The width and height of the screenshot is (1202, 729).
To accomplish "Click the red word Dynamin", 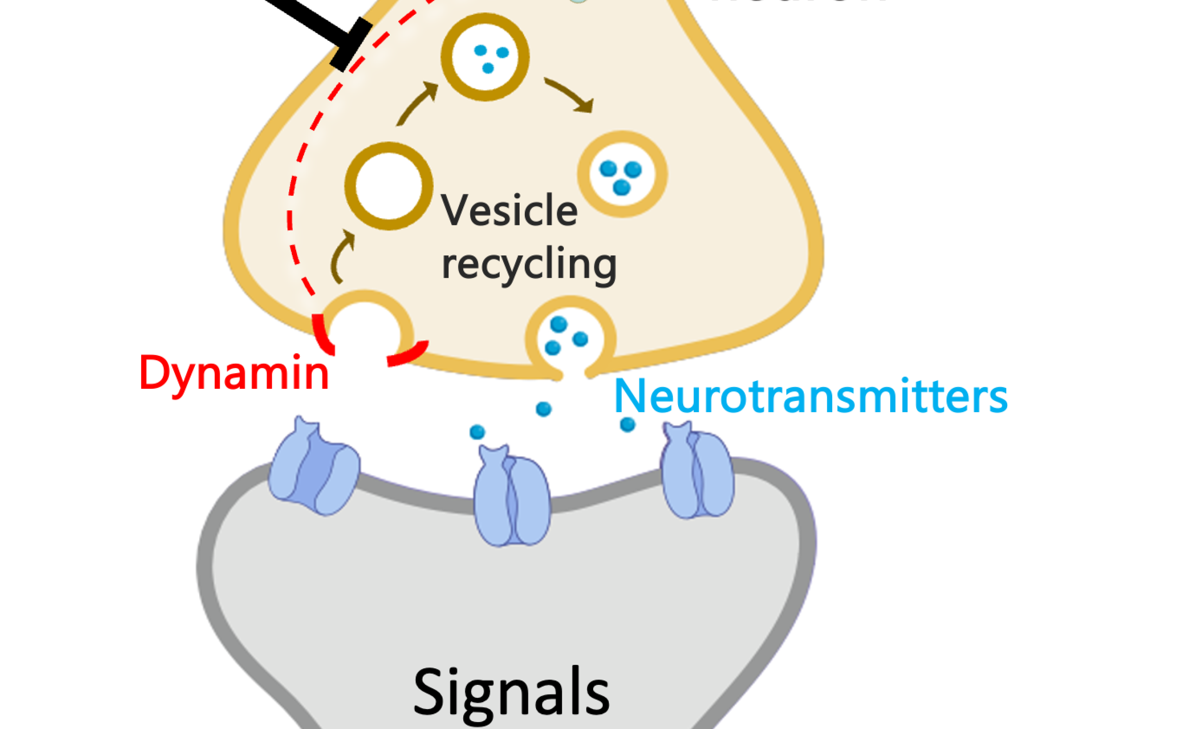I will click(x=234, y=373).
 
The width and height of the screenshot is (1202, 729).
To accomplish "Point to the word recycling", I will click(x=528, y=264).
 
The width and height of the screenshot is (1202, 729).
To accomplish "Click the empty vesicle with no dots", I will click(x=388, y=186).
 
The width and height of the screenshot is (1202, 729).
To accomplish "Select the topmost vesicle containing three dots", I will click(x=485, y=57).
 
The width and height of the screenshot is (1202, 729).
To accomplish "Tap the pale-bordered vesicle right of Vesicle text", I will click(x=622, y=174).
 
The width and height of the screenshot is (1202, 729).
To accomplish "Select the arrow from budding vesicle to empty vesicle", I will click(x=342, y=256).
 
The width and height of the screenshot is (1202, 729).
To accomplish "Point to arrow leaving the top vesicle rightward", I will click(x=570, y=95).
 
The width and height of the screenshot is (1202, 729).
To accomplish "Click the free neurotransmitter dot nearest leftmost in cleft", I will click(x=477, y=431).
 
